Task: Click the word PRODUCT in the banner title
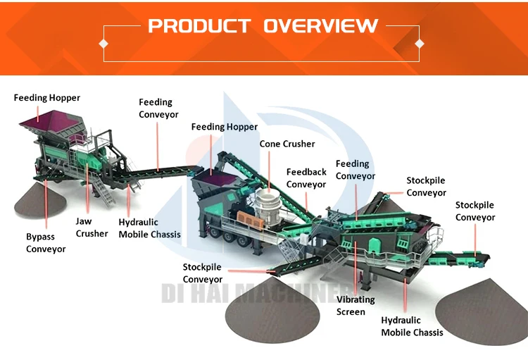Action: (x=199, y=27)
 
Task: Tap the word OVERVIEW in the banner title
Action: (x=320, y=27)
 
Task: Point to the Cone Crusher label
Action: (x=287, y=144)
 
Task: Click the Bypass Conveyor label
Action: (x=46, y=242)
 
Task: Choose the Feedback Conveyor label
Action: (x=306, y=178)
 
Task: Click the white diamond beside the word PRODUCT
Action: (x=104, y=43)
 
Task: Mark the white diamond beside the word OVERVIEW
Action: (x=420, y=43)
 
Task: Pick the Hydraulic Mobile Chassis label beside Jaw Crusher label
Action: (x=149, y=228)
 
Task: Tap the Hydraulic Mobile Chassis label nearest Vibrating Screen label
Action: (x=412, y=325)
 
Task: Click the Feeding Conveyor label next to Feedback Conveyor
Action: (x=356, y=170)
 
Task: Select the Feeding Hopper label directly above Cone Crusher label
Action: (x=225, y=127)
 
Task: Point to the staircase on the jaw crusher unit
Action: (x=104, y=187)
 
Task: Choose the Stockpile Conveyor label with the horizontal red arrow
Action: (x=203, y=273)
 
